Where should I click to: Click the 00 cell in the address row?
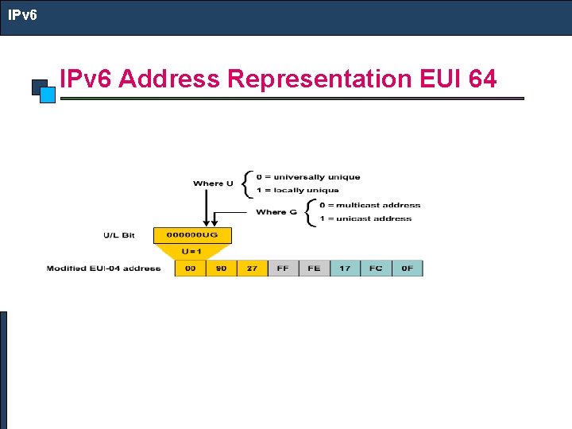[190, 269]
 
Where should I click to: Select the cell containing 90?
[221, 269]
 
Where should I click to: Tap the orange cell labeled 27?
[252, 269]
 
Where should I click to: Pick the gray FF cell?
[283, 269]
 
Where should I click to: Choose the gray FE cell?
[314, 269]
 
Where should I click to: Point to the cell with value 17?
[345, 269]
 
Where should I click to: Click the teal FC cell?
[376, 269]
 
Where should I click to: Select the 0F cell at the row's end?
[408, 269]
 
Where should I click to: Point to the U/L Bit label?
[118, 235]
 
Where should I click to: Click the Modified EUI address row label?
[103, 269]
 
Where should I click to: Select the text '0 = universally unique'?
[307, 177]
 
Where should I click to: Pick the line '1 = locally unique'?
[297, 190]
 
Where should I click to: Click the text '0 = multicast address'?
[369, 205]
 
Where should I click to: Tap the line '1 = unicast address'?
[365, 218]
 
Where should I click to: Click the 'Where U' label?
[213, 184]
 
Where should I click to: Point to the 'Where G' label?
[276, 212]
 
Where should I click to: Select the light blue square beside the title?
[48, 95]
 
